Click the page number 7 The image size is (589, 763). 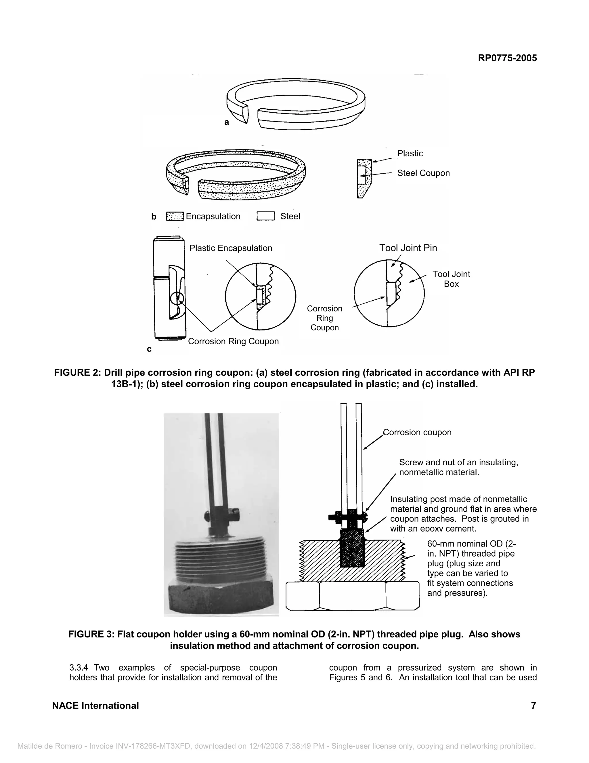533,705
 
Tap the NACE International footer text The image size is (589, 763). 95,706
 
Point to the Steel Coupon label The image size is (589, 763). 423,173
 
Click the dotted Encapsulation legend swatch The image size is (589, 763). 175,216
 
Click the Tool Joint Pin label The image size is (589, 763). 408,248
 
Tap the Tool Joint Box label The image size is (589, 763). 451,279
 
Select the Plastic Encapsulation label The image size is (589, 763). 231,248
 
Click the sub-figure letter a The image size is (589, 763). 226,122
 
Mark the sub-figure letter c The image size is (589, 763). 149,349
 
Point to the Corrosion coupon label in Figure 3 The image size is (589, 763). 417,432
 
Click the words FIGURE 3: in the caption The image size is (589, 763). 91,634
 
